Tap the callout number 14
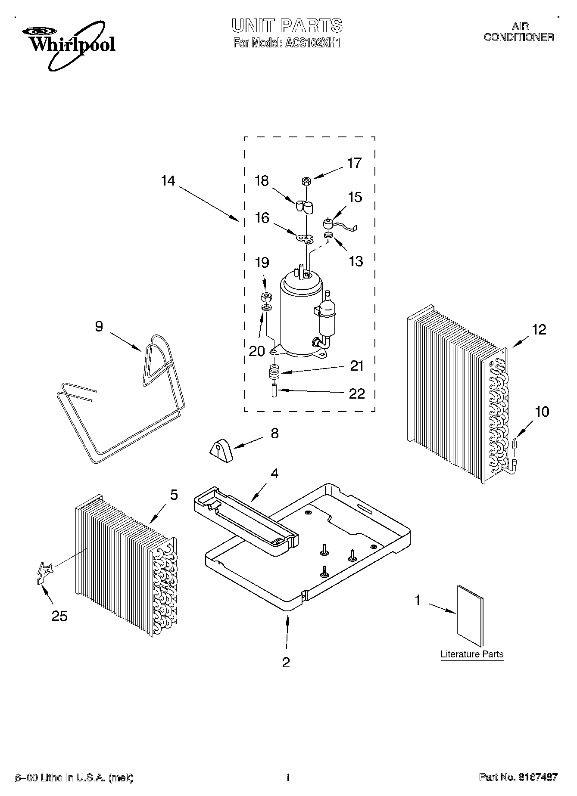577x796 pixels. [x=168, y=181]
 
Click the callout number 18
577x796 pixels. [x=262, y=181]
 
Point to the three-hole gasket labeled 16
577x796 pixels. [x=305, y=238]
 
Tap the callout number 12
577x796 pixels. [x=539, y=330]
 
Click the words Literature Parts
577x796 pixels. [x=472, y=654]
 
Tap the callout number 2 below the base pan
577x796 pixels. [x=286, y=662]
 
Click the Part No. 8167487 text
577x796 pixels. [x=518, y=777]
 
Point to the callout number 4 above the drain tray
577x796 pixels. [x=274, y=474]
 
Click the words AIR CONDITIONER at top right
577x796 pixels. [x=519, y=32]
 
